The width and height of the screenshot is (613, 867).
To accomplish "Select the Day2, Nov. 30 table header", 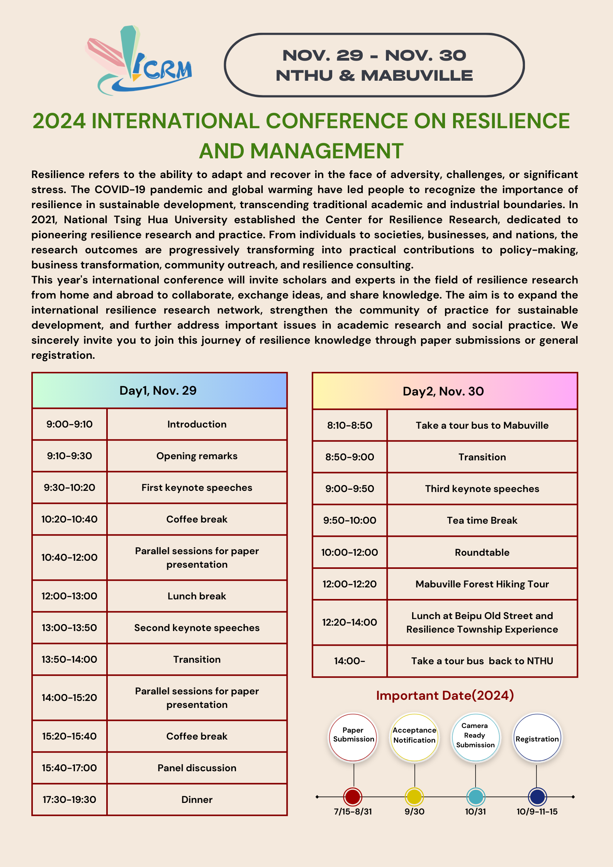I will pyautogui.click(x=444, y=391).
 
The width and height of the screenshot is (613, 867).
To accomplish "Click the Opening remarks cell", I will pyautogui.click(x=197, y=456).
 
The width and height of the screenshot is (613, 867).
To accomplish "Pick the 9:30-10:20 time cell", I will pyautogui.click(x=70, y=488).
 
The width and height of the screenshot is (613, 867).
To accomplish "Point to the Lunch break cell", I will pyautogui.click(x=197, y=596).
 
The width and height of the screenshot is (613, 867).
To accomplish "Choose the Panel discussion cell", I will pyautogui.click(x=197, y=768).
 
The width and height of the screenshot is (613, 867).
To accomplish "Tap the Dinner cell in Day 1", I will pyautogui.click(x=197, y=800).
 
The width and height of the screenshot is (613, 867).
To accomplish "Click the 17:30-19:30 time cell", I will pyautogui.click(x=70, y=800).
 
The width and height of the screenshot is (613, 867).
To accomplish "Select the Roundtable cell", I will pyautogui.click(x=482, y=553).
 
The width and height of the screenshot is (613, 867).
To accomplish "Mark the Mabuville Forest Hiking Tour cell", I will pyautogui.click(x=482, y=584).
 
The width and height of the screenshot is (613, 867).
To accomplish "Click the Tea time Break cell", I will pyautogui.click(x=482, y=521).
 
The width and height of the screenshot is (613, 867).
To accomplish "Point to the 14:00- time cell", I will pyautogui.click(x=350, y=661).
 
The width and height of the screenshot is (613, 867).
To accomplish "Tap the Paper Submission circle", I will pyautogui.click(x=353, y=737).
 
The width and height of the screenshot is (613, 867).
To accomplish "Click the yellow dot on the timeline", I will pyautogui.click(x=414, y=796).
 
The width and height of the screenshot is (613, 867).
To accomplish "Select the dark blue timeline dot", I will pyautogui.click(x=537, y=796).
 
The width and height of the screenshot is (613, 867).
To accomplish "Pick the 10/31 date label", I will pyautogui.click(x=475, y=812).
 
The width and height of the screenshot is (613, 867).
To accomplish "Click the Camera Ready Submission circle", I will pyautogui.click(x=475, y=737).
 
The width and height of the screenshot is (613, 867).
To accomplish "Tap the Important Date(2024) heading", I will pyautogui.click(x=445, y=696).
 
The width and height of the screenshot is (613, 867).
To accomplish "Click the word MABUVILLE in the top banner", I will pyautogui.click(x=417, y=76).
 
